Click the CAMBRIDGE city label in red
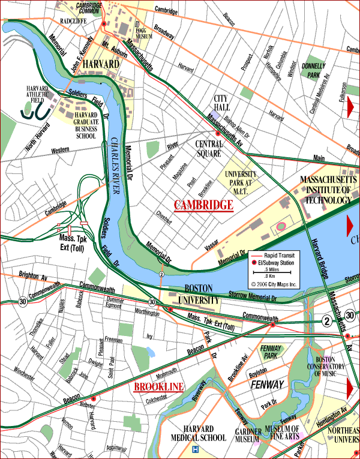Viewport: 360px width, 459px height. (203, 205)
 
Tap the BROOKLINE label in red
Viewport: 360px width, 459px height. (158, 387)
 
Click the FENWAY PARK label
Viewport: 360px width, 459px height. (274, 352)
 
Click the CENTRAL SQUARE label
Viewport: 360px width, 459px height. (209, 148)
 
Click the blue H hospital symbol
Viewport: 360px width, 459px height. (194, 449)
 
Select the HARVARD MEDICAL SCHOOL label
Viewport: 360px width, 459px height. (198, 433)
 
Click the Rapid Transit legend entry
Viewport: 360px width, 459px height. (281, 256)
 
